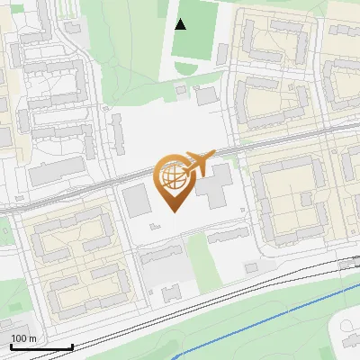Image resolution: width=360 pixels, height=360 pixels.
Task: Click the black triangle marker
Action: click(x=181, y=24)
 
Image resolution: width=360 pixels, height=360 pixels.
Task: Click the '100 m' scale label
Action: click(x=23, y=338)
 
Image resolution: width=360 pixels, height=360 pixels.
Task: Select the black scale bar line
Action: click(x=40, y=346)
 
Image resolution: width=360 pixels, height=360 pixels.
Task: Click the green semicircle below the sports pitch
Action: click(x=186, y=69)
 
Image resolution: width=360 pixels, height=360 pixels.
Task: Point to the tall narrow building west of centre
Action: click(x=118, y=131)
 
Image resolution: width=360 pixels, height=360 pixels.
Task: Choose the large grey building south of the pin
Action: click(x=162, y=267)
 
